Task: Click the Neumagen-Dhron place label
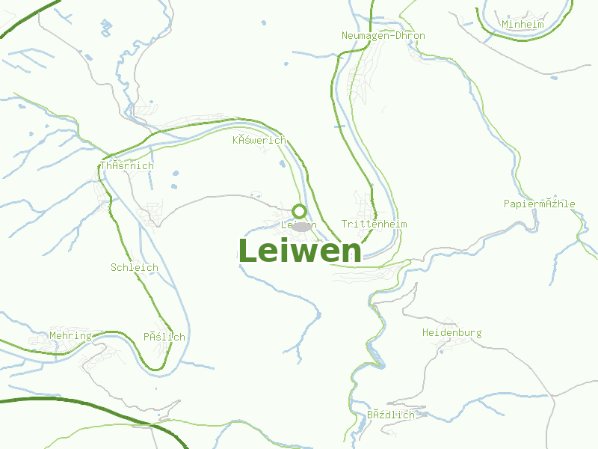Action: tap(383, 36)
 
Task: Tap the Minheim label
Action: tap(523, 25)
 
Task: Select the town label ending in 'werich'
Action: tap(259, 140)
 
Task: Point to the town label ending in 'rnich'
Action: tap(127, 166)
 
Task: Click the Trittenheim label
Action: tap(374, 224)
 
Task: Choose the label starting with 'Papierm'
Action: tap(539, 204)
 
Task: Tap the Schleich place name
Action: tap(135, 267)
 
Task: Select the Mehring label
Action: tap(70, 336)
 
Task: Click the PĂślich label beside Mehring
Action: tap(164, 337)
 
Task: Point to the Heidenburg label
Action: tap(451, 333)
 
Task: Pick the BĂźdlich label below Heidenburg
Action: tap(390, 415)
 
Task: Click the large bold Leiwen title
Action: tap(300, 251)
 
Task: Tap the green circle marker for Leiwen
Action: tap(299, 211)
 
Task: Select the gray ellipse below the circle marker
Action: tap(301, 226)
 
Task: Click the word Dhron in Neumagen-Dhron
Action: tap(410, 36)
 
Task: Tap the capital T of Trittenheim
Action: tap(344, 224)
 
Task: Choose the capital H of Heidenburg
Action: tap(425, 333)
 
